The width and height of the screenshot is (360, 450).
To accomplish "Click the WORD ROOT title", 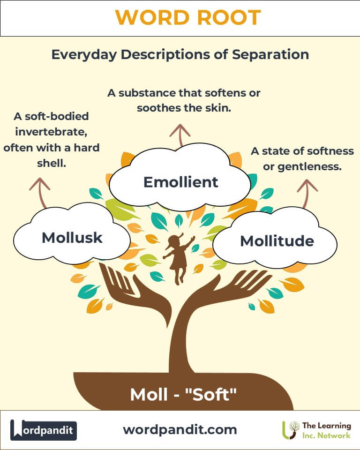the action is tap(188, 18).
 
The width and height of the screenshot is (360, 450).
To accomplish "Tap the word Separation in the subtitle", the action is tap(270, 55).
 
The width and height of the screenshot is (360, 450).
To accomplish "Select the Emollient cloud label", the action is tap(180, 182).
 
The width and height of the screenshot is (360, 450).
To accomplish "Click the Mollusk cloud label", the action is tap(72, 238).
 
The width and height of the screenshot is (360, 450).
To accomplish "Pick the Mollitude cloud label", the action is tap(277, 241).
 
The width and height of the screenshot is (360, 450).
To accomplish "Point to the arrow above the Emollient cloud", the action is tap(180, 135).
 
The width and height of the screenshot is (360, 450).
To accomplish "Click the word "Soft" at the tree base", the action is tap(211, 395).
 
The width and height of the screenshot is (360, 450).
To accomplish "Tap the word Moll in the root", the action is tap(149, 395).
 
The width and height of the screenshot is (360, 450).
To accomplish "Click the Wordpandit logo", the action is tap(44, 430).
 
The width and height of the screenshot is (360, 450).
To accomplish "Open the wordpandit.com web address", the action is tap(180, 430).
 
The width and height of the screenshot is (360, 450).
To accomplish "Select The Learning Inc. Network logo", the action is tap(316, 430).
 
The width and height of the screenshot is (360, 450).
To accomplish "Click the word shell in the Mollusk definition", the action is tap(52, 163).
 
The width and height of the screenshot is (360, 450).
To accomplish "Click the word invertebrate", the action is tap(51, 132).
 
